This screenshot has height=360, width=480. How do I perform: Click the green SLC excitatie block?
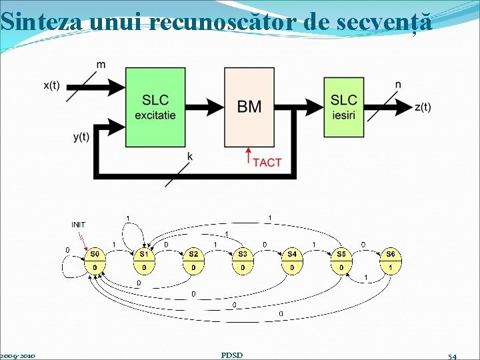coord(155,106)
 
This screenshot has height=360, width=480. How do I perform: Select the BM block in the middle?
coord(249,106)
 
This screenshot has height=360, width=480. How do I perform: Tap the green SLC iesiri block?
coord(344,106)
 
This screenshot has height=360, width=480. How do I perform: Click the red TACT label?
coord(268,162)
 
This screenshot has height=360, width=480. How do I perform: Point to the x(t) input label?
coord(51,85)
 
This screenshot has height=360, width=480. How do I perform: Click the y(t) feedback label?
coord(81,137)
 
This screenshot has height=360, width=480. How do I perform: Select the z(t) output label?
coord(423,107)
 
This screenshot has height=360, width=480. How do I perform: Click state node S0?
coord(95,261)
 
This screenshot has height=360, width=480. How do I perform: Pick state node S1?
coord(144,261)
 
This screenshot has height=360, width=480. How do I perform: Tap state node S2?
coord(193,261)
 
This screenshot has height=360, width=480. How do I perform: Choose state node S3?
coord(243,261)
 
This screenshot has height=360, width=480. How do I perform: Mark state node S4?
coord(292,261)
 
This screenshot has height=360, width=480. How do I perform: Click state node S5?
coord(341,261)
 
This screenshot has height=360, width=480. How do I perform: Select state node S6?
coord(391,261)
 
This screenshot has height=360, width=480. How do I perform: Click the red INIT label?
coord(78,224)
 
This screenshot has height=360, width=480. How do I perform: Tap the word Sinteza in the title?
coord(41,22)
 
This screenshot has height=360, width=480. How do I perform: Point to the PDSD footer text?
coord(231,355)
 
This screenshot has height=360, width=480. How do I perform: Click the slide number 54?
coord(453,356)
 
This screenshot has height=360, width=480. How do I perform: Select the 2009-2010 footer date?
coord(18,355)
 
